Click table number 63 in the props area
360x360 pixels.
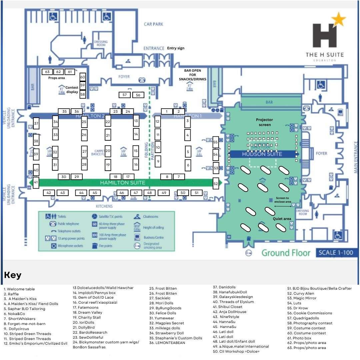(47, 72)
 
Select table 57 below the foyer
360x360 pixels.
(125, 95)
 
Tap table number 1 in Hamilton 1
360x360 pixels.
(167, 111)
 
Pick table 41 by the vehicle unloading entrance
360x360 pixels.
(36, 182)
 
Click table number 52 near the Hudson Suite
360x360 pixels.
(216, 184)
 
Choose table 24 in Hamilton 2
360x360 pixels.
(128, 111)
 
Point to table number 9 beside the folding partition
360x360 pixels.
(158, 161)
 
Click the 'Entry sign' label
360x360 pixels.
(176, 48)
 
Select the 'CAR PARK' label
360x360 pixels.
(153, 24)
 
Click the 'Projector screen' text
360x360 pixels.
(264, 122)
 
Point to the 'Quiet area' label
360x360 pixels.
(282, 219)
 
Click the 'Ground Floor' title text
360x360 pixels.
(286, 253)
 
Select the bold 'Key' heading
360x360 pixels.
(13, 275)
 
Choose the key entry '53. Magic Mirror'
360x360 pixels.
(302, 298)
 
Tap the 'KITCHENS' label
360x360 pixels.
(104, 206)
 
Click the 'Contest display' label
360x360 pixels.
(72, 90)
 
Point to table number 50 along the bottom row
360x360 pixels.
(183, 193)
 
